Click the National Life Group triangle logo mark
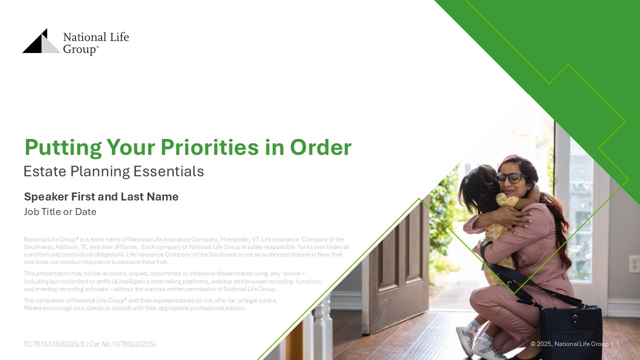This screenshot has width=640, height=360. point(41,41)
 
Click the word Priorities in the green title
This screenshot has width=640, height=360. point(209,147)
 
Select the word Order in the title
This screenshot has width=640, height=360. point(320,147)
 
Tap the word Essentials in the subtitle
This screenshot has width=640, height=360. point(168,171)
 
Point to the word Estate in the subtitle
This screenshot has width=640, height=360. point(45,171)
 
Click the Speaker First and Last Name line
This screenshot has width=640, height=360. point(101,196)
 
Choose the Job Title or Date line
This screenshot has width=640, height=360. point(60,211)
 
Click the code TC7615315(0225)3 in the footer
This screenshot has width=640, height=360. point(54,344)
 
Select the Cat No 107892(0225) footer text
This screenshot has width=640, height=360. point(122,344)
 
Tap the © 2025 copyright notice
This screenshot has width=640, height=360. point(569,343)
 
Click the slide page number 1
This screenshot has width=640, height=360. point(617,343)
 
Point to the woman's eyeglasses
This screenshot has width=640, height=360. point(510,177)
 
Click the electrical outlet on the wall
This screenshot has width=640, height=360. point(634,264)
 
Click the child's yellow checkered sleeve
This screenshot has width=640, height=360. point(507,200)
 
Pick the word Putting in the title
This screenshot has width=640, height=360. point(63,148)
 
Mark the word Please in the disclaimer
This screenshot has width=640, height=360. point(33,308)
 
